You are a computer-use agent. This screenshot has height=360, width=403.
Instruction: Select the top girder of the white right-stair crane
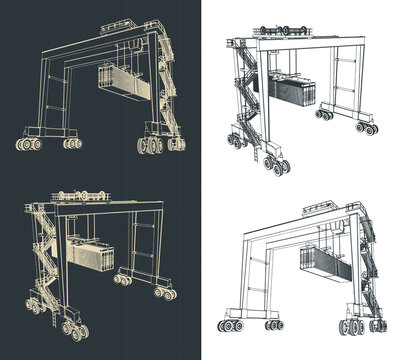(300, 215)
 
